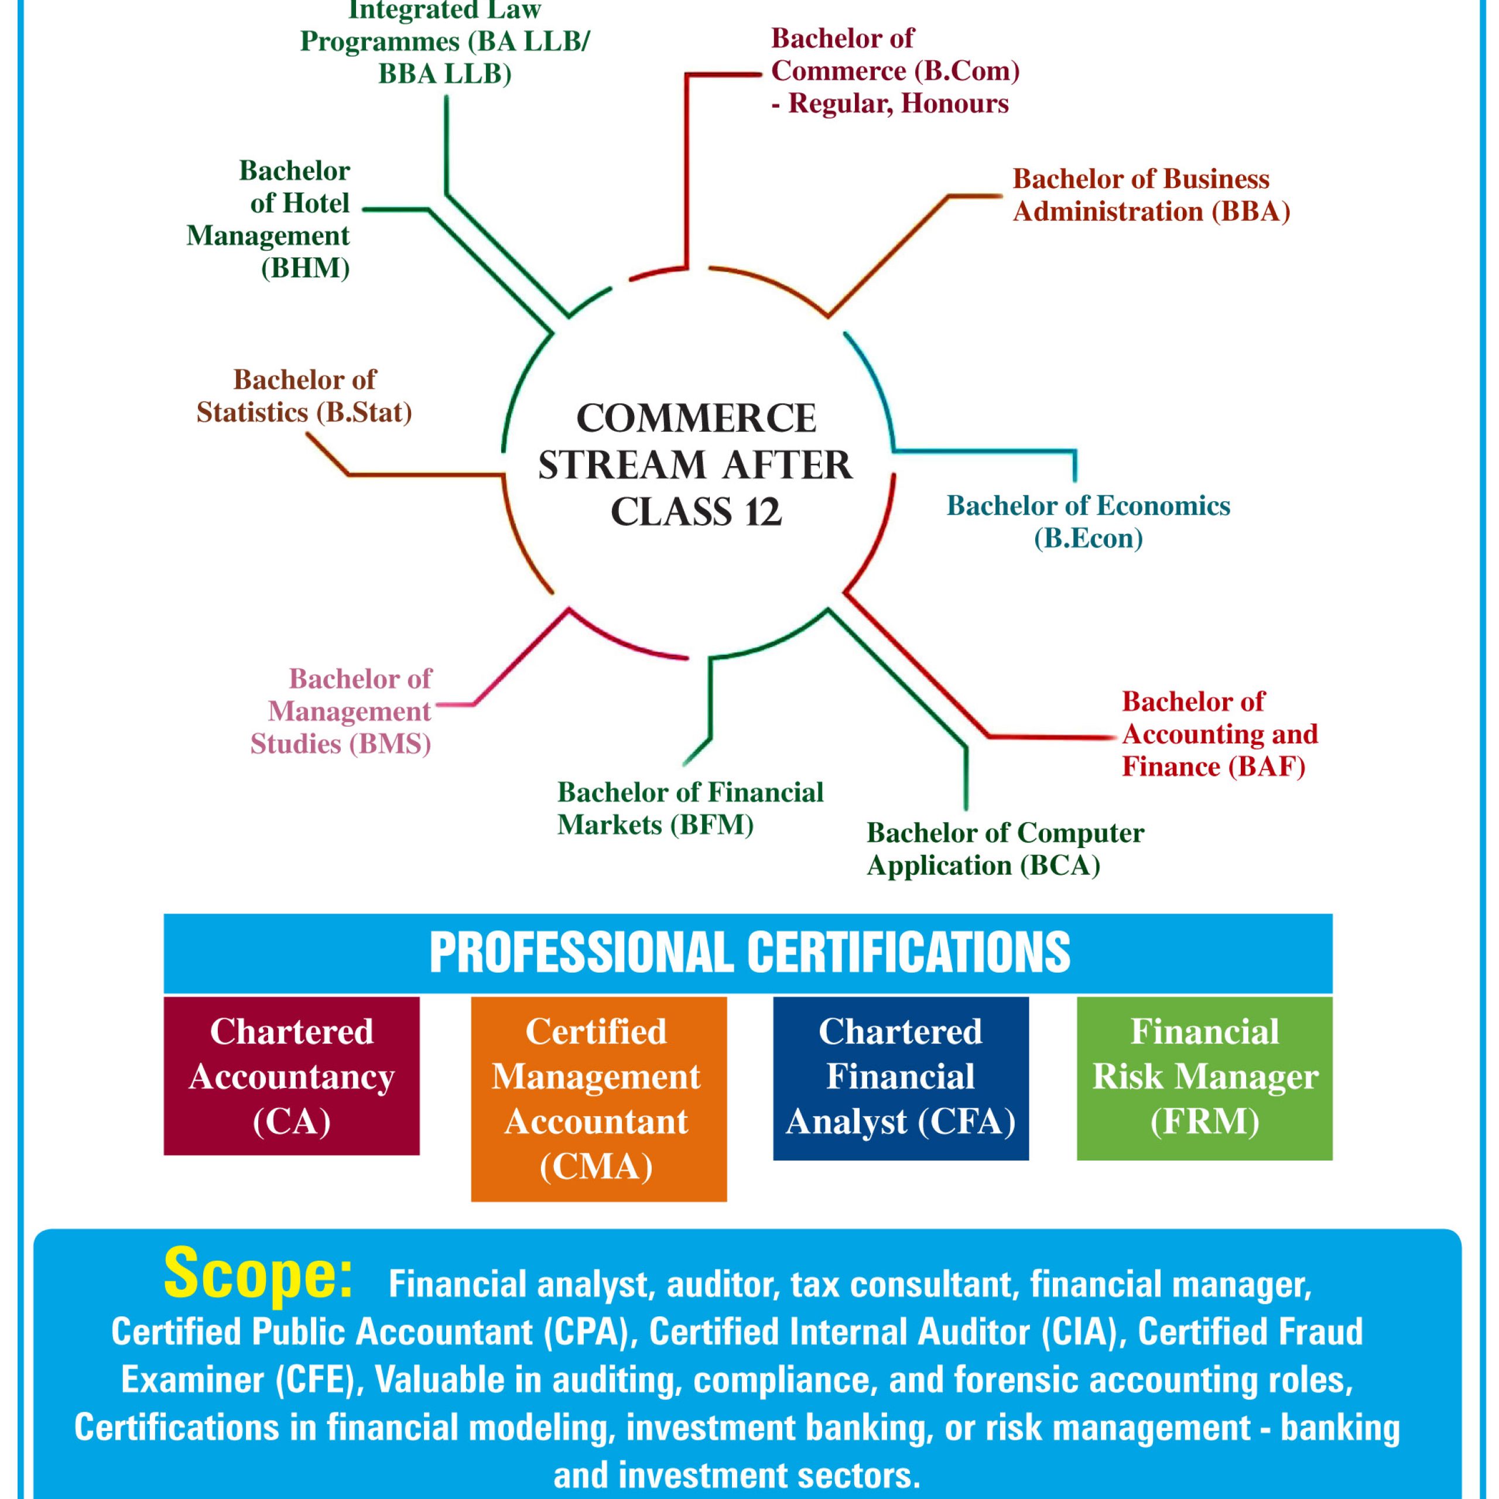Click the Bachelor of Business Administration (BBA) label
pyautogui.click(x=1151, y=196)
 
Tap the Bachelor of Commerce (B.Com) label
pyautogui.click(x=895, y=71)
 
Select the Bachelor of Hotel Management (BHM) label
pyautogui.click(x=268, y=219)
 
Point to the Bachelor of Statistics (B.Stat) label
pyautogui.click(x=304, y=396)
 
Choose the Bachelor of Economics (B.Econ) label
pyautogui.click(x=1088, y=521)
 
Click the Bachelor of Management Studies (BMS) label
pyautogui.click(x=341, y=711)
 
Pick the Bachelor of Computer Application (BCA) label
pyautogui.click(x=1005, y=849)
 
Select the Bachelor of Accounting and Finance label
pyautogui.click(x=1220, y=734)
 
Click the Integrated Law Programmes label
pyautogui.click(x=444, y=43)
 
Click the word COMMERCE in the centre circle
pyautogui.click(x=696, y=419)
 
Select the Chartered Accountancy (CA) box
pyautogui.click(x=292, y=1076)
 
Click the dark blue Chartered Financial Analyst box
pyautogui.click(x=901, y=1079)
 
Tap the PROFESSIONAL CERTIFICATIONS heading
pyautogui.click(x=749, y=952)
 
